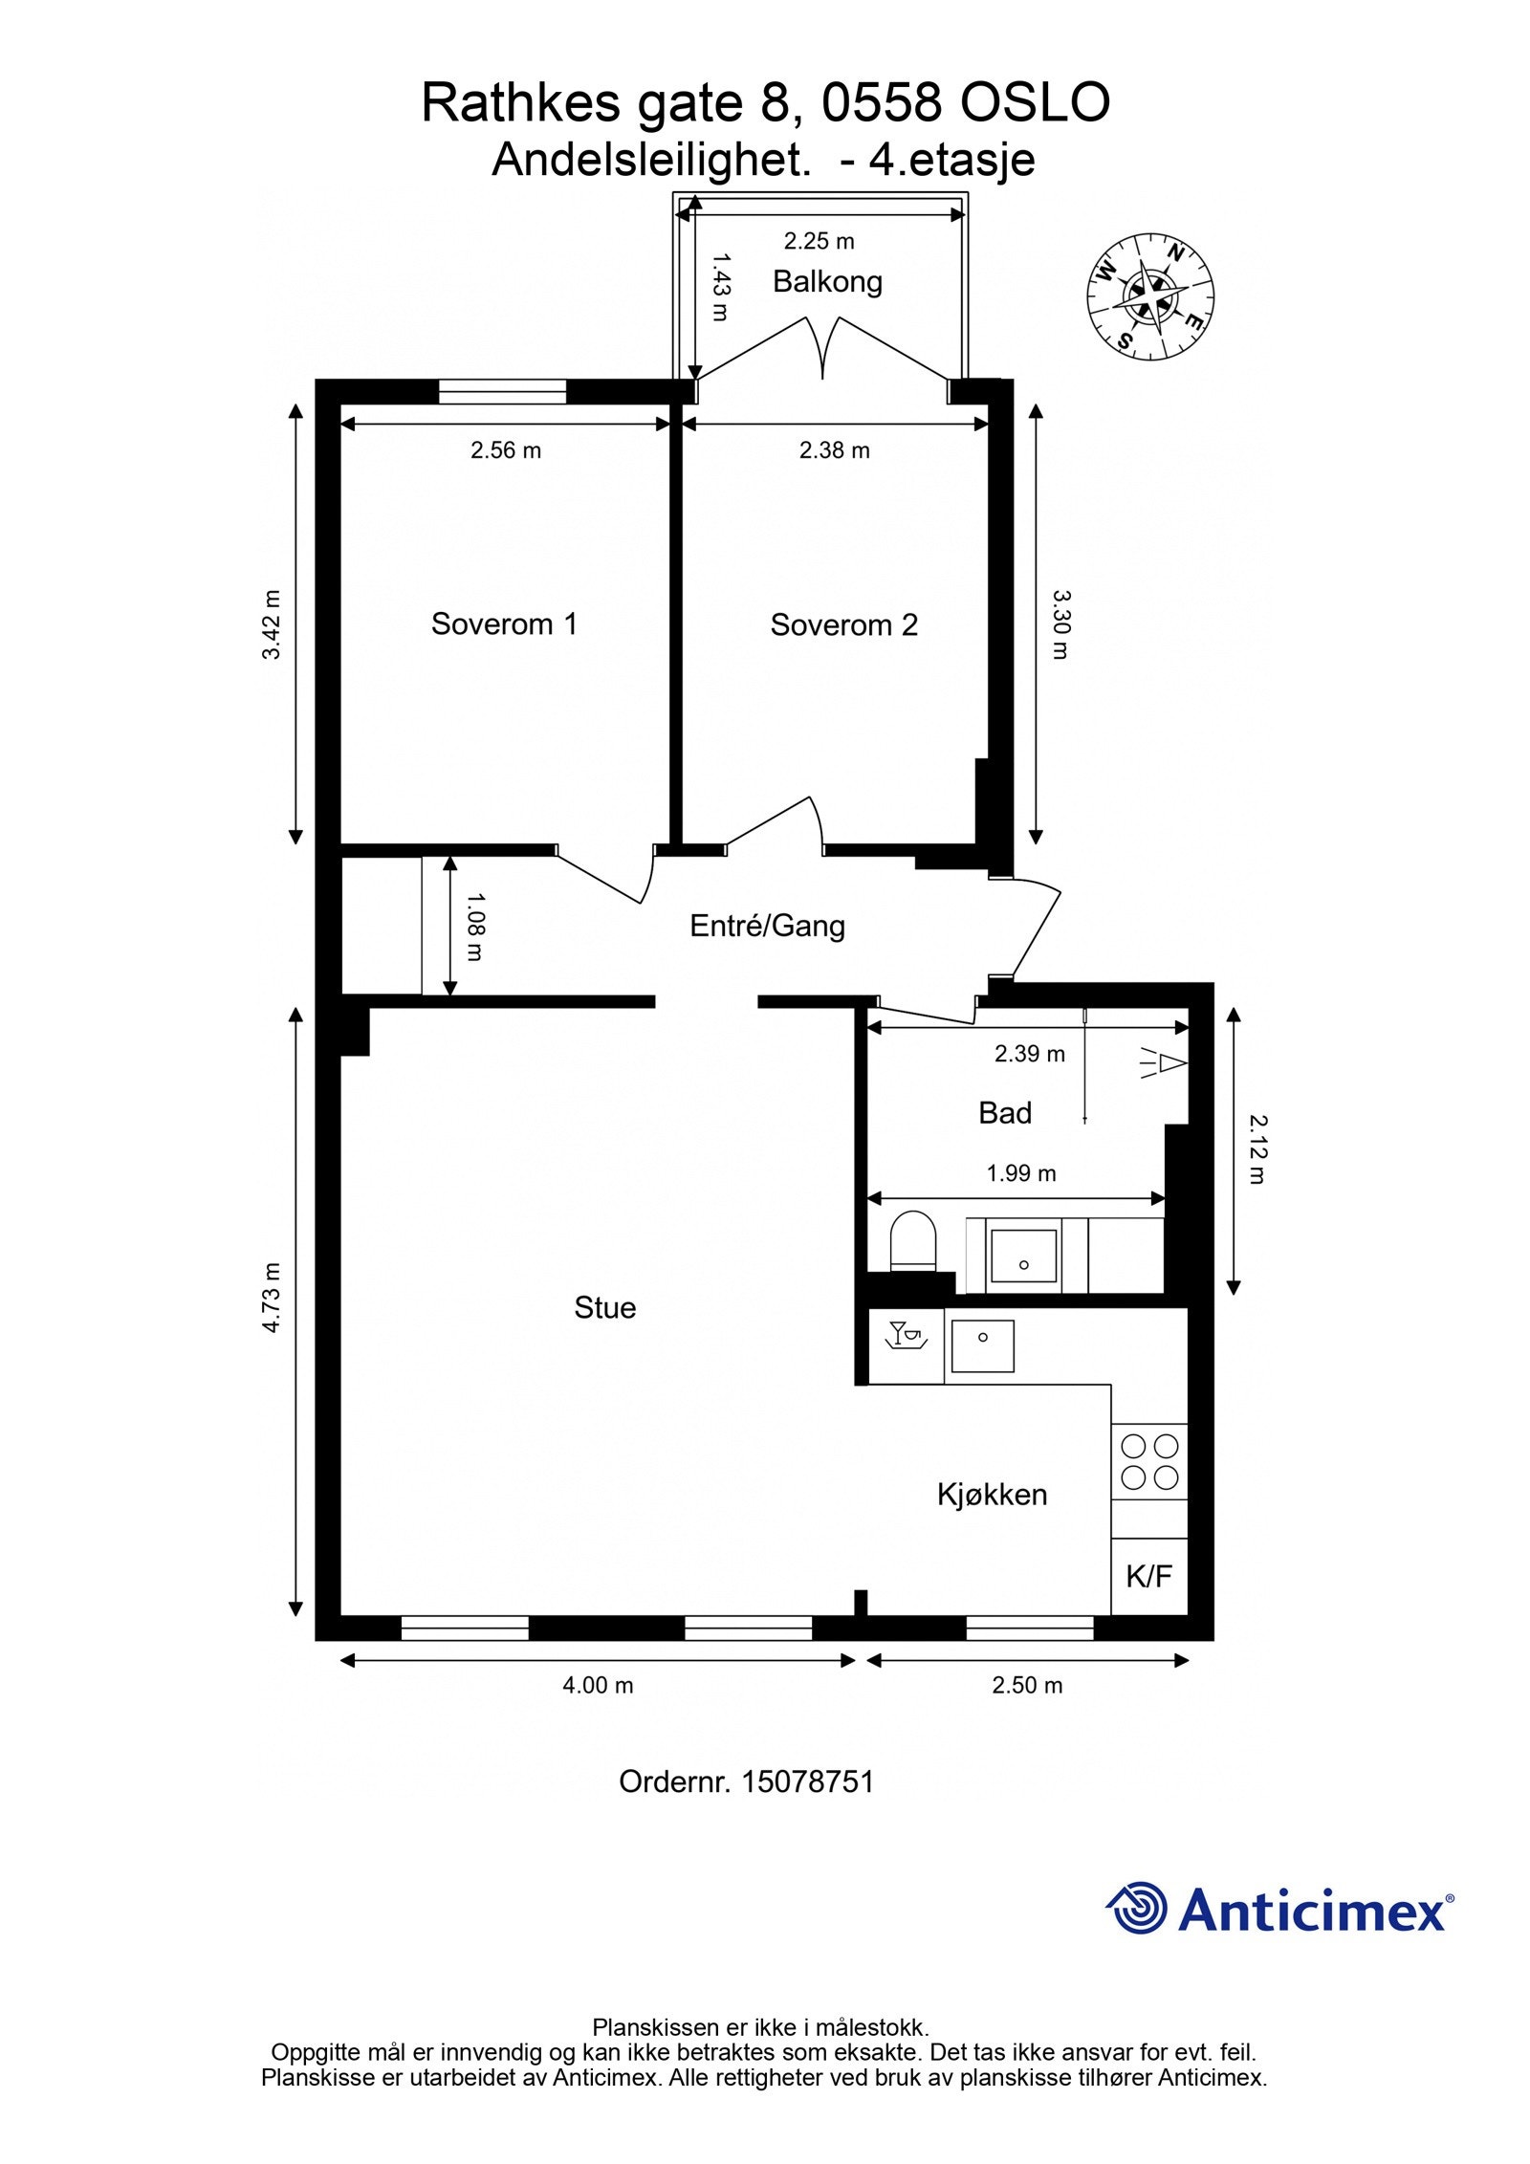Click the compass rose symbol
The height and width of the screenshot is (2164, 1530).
(1150, 297)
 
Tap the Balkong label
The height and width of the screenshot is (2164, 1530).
(827, 282)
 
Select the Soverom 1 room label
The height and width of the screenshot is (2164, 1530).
(504, 624)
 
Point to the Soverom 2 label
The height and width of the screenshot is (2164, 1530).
(843, 625)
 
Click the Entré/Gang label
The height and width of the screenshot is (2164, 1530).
(767, 926)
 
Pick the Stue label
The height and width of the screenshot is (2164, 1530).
(604, 1308)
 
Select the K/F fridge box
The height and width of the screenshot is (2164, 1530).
(1149, 1577)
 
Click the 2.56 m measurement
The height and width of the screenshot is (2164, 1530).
(505, 450)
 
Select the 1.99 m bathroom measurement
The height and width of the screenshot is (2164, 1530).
(1021, 1173)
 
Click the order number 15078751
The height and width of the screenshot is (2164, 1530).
(808, 1782)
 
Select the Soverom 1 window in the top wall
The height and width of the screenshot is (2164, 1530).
(502, 392)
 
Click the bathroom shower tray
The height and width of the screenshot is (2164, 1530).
(1023, 1257)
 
